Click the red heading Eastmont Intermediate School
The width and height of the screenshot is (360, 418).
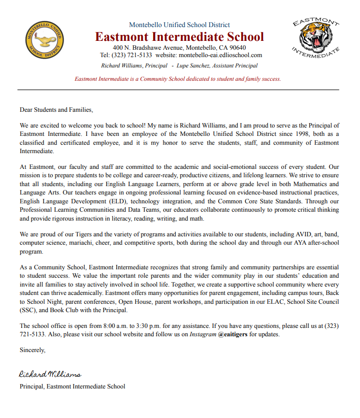pyautogui.click(x=179, y=37)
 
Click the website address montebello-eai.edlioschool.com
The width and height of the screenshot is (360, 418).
pyautogui.click(x=220, y=55)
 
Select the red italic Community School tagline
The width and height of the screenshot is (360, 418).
pyautogui.click(x=178, y=79)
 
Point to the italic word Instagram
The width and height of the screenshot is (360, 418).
pyautogui.click(x=203, y=334)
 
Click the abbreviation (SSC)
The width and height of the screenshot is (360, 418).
pyautogui.click(x=28, y=310)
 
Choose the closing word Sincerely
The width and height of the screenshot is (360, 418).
pyautogui.click(x=33, y=350)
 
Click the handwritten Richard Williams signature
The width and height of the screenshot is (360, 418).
pyautogui.click(x=50, y=375)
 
